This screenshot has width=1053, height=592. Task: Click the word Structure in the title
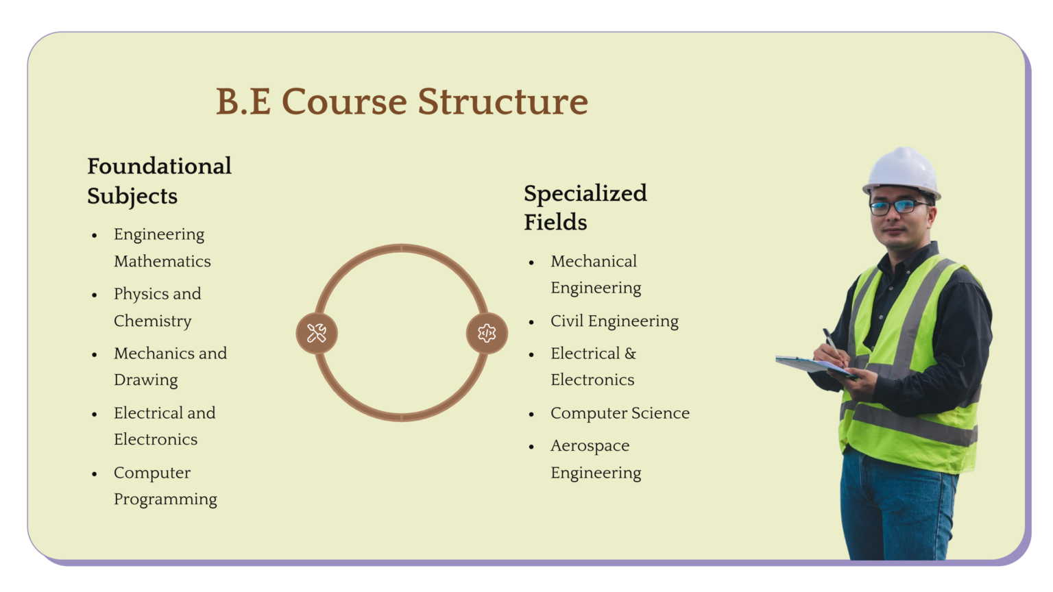[503, 101]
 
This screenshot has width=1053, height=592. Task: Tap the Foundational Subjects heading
[159, 181]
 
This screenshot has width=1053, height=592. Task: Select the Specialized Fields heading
[585, 208]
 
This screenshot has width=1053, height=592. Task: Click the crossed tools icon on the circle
[317, 333]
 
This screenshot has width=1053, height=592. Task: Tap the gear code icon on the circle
[487, 333]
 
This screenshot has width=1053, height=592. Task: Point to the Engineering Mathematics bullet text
[162, 247]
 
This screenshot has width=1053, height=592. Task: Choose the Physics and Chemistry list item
[157, 307]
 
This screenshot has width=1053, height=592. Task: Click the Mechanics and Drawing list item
[170, 367]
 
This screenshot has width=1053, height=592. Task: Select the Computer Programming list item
[165, 486]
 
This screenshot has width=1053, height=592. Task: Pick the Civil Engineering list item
[614, 321]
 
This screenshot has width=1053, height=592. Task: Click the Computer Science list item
[620, 413]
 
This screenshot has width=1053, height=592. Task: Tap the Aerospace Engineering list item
[596, 459]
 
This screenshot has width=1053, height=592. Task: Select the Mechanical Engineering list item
[596, 274]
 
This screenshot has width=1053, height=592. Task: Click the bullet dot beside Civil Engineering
[531, 322]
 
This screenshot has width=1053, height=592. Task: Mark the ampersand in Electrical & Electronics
[630, 354]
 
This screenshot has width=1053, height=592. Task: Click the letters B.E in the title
[243, 101]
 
